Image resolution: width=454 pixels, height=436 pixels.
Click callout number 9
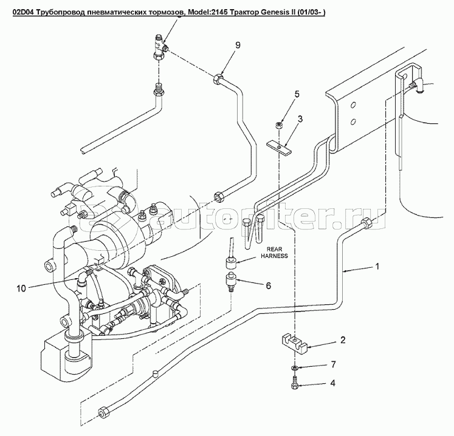click(238, 46)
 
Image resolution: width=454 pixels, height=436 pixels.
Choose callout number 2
click(343, 340)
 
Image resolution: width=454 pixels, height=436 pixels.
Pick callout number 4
click(333, 383)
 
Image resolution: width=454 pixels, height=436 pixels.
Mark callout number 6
click(267, 285)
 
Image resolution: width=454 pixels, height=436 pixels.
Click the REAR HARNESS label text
click(275, 251)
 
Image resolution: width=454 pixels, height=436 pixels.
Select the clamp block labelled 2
click(294, 344)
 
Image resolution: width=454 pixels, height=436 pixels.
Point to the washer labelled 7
click(295, 368)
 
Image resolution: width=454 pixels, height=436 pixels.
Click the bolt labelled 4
click(295, 383)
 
